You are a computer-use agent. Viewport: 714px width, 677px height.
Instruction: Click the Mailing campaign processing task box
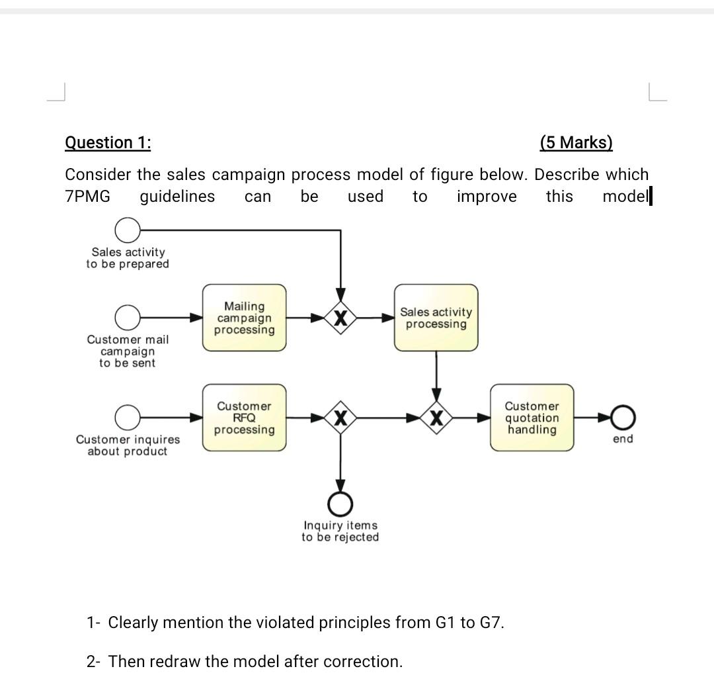245,318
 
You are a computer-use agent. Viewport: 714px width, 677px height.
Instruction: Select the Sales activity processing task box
436,318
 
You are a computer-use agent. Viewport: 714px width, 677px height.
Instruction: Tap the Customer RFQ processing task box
245,418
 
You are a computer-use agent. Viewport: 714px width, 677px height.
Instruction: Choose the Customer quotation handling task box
532,418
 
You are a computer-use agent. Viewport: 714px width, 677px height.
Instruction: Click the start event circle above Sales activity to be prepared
127,230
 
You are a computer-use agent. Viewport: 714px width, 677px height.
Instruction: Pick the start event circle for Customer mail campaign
127,318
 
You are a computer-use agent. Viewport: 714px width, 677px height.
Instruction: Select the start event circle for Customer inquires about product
127,418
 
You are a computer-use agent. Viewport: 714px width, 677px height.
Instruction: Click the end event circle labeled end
623,418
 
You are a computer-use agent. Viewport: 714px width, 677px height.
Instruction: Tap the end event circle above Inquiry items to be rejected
340,505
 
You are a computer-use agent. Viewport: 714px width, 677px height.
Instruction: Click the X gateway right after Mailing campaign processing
340,318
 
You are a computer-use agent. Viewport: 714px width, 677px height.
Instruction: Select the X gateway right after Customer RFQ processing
340,418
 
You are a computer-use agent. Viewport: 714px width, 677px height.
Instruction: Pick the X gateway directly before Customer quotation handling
436,418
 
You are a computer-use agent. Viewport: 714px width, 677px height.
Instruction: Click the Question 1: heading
108,143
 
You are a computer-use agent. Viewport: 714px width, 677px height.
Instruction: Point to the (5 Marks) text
576,143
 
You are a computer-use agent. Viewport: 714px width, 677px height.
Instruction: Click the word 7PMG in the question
88,197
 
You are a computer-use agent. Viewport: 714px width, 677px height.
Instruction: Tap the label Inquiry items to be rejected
340,531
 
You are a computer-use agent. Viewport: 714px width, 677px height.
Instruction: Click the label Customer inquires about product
128,445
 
